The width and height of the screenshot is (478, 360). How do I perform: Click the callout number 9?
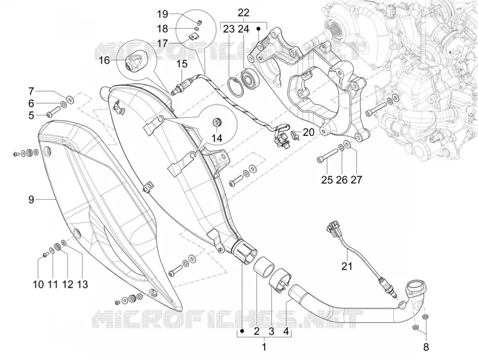tap(31, 200)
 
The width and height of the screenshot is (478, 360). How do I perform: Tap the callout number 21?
tap(347, 266)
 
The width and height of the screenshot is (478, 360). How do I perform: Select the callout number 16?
tap(104, 60)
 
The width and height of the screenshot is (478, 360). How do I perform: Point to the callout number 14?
tap(217, 138)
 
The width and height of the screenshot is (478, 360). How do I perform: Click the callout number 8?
tap(426, 347)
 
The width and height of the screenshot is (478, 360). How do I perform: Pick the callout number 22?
tap(244, 13)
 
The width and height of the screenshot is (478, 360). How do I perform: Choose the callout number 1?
tap(264, 347)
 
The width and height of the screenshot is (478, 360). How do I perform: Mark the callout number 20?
tap(308, 132)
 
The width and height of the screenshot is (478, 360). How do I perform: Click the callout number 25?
tap(327, 179)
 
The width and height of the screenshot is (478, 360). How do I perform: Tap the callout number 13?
tap(82, 284)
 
